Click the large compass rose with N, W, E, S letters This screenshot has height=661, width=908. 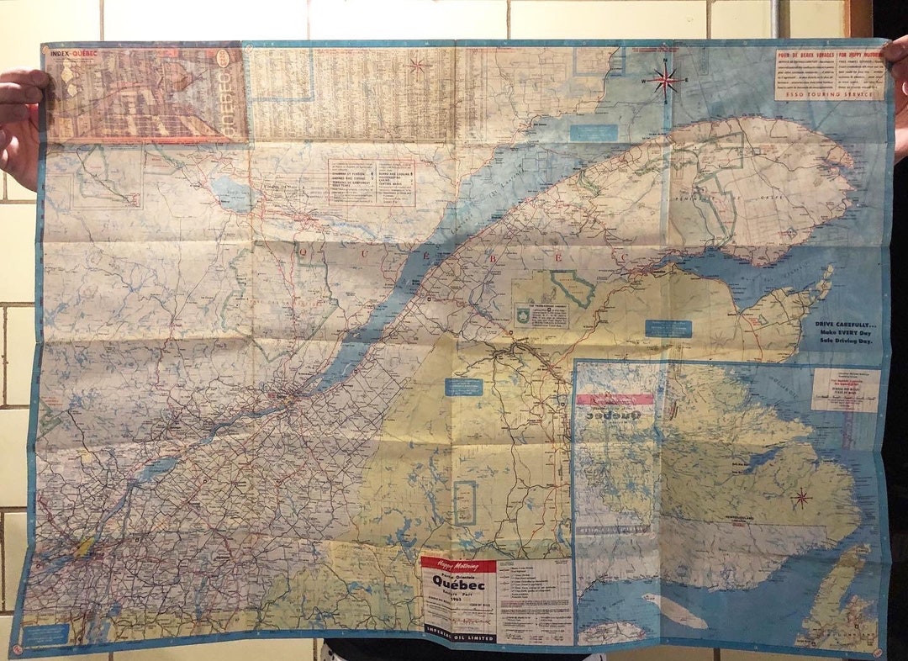click(664, 81)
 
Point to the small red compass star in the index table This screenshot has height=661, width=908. click(416, 65)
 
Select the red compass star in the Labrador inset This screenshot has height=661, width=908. click(800, 498)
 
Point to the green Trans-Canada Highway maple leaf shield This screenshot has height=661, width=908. click(523, 314)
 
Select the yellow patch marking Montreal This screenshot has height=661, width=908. click(84, 547)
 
